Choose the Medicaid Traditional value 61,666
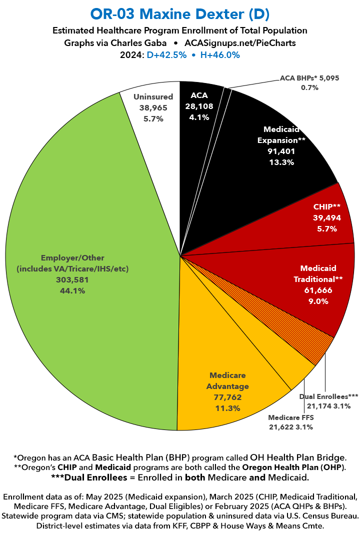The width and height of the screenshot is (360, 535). click(x=318, y=289)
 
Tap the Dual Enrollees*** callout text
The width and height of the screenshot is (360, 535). click(x=328, y=396)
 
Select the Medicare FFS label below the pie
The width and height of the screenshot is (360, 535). click(x=290, y=417)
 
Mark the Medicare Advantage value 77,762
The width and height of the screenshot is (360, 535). click(x=227, y=397)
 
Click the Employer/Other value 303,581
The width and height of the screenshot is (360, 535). click(x=72, y=280)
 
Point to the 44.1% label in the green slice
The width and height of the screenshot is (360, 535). click(x=72, y=290)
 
